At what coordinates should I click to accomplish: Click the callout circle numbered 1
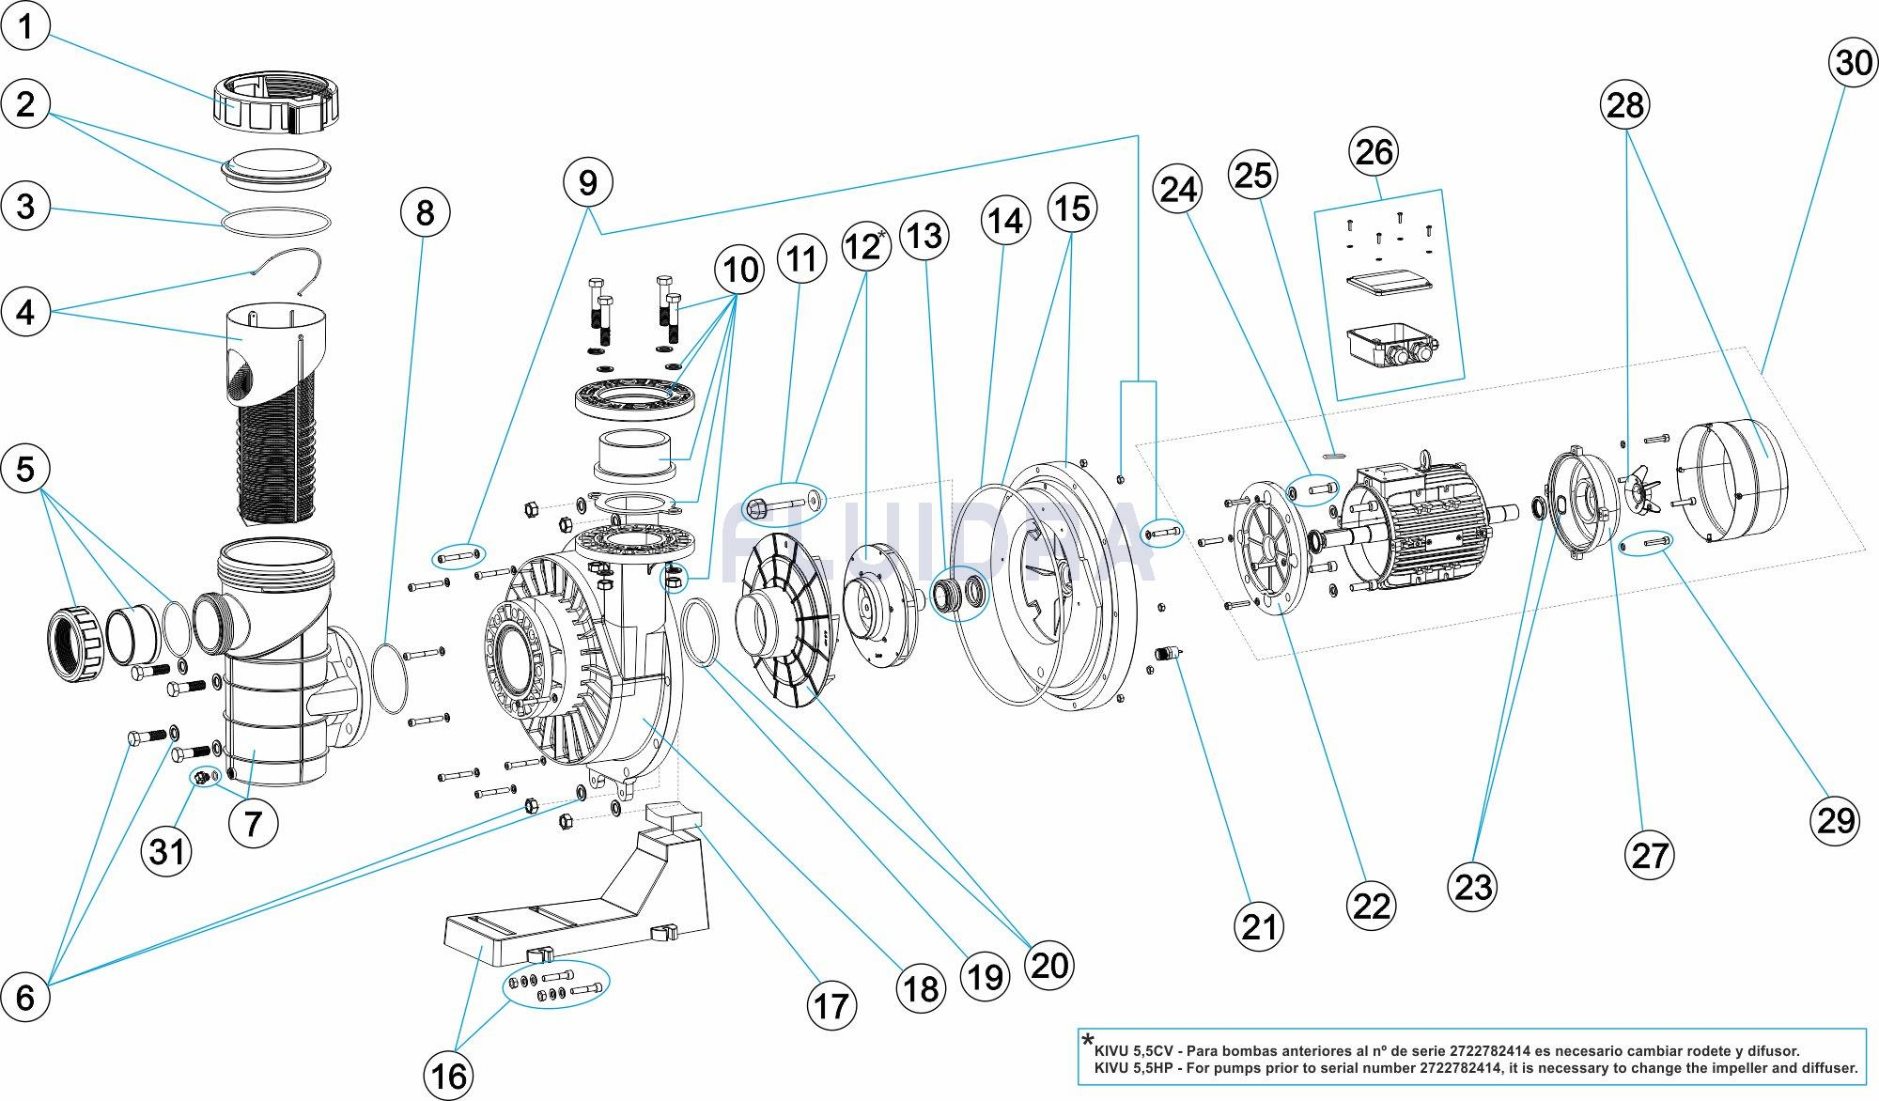coord(25,26)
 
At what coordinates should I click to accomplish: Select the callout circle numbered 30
coord(1854,63)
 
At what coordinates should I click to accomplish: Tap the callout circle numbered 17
coord(831,1006)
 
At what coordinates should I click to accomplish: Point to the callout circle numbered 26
coord(1374,151)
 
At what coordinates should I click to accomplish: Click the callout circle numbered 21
coord(1259,926)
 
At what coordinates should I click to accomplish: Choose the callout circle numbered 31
coord(166,851)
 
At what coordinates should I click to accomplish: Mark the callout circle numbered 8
coord(425,212)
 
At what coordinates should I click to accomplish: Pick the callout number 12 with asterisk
coord(864,246)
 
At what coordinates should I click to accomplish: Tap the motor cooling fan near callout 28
coord(1638,488)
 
